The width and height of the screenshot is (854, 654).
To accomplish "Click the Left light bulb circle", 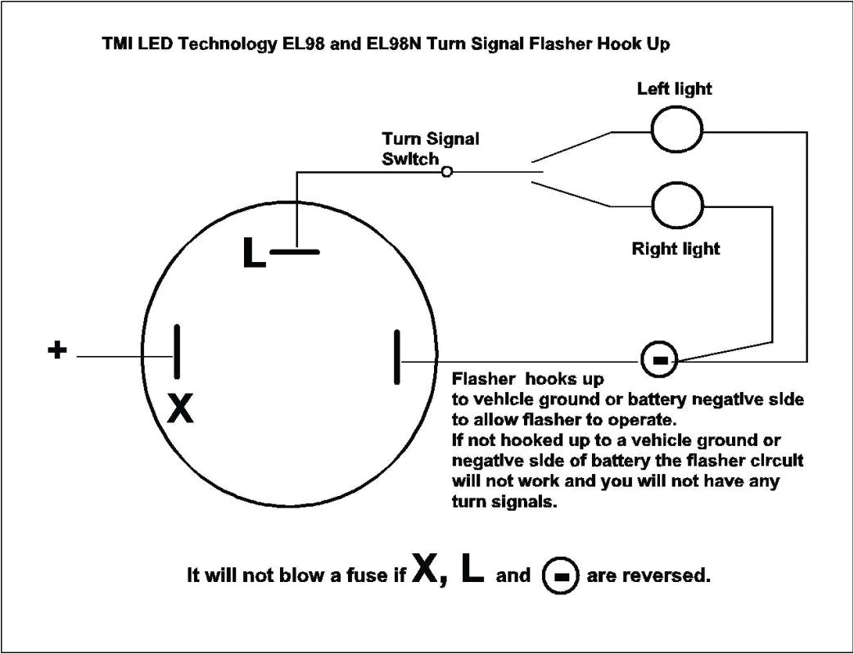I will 676,130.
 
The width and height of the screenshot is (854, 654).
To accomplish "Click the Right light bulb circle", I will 676,205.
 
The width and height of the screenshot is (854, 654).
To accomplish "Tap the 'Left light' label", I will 675,88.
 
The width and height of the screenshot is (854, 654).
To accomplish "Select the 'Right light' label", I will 676,248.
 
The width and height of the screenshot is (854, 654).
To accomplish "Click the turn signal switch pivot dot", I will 446,172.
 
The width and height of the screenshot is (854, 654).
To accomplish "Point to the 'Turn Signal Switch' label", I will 430,148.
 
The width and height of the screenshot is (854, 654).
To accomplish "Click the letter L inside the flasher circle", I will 254,254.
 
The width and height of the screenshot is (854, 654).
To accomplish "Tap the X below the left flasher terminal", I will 180,408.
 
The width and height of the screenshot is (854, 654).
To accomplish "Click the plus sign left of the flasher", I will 56,350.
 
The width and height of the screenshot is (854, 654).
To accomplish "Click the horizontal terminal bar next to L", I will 295,252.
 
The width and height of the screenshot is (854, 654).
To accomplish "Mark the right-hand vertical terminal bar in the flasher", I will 397,356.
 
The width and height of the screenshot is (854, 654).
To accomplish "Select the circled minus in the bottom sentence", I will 561,575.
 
